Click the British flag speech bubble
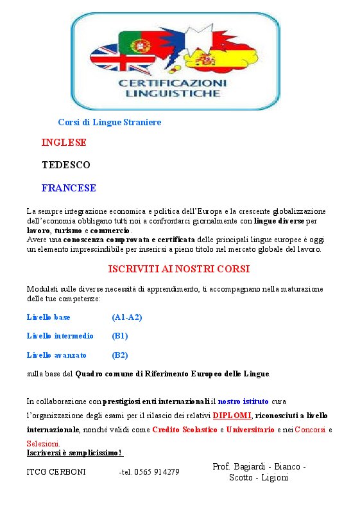coord(110,60)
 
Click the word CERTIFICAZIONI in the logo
coord(172,84)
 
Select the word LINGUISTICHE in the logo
coord(172,94)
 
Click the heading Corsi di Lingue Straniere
coord(109,122)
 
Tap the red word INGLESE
coord(64,143)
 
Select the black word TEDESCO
coord(65,165)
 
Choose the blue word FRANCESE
coord(69,188)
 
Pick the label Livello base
coord(49,317)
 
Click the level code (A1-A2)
coord(126,317)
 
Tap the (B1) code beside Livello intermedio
coord(120,336)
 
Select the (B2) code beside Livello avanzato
coord(120,355)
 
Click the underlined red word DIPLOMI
coord(232,415)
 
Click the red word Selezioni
coord(43,444)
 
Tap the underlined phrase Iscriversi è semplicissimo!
coord(74,453)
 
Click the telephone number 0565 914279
coord(157,472)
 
